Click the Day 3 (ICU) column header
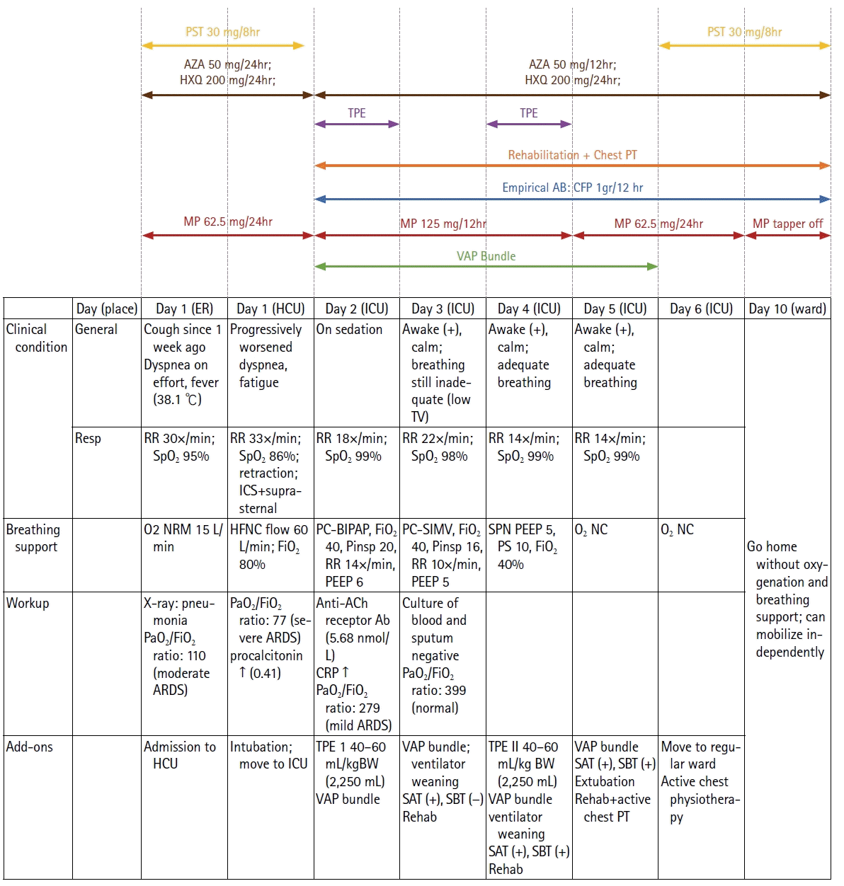click(443, 309)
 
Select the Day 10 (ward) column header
click(787, 309)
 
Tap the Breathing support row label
click(33, 538)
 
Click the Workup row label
click(28, 603)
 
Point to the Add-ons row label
click(29, 747)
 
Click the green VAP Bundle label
click(486, 256)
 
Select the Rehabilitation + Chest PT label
click(572, 155)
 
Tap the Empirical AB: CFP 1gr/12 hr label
click(572, 188)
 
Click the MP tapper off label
click(787, 224)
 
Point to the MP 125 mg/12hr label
click(443, 224)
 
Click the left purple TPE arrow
click(357, 124)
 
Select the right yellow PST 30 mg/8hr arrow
click(744, 45)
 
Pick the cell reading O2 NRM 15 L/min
click(183, 538)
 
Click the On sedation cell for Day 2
click(349, 330)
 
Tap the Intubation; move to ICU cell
click(269, 755)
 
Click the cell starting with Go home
click(787, 599)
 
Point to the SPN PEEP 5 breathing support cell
click(527, 546)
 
